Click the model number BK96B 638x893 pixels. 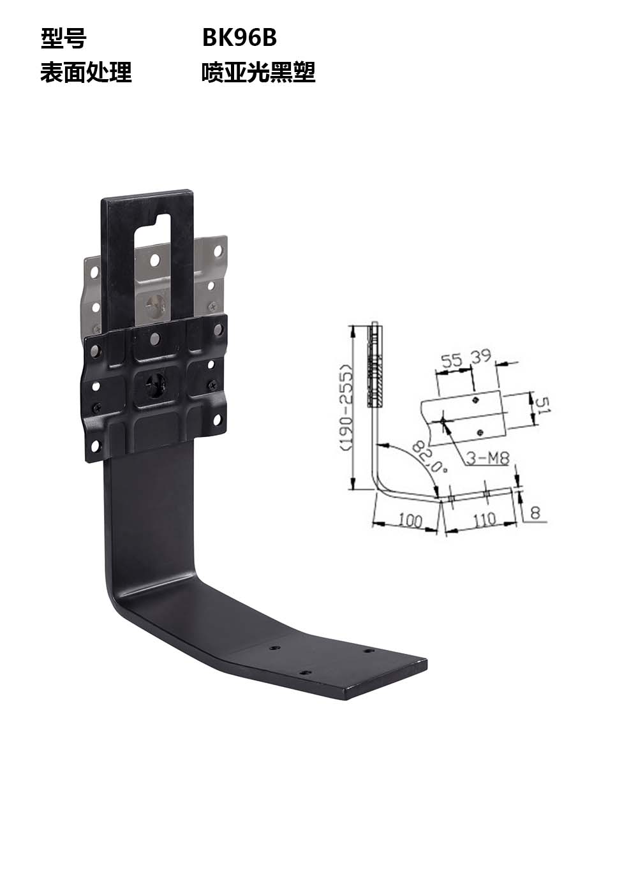[239, 38]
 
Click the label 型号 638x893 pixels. [63, 39]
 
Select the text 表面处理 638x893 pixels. [85, 72]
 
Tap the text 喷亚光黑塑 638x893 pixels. [258, 72]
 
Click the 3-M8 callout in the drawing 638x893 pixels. [487, 459]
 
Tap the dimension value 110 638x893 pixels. [484, 519]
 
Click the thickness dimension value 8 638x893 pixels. [535, 512]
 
